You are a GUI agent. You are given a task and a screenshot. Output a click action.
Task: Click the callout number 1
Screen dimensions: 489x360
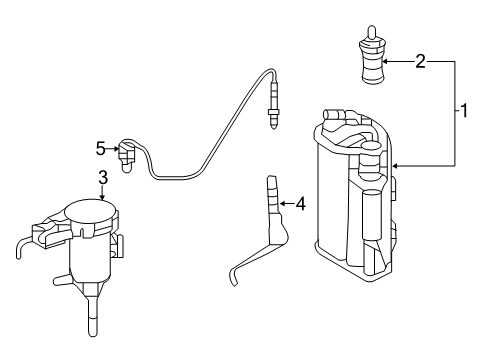point(464,111)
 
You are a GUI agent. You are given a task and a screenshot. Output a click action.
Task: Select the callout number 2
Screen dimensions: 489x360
point(420,62)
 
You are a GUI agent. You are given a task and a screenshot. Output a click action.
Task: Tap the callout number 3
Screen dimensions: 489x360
point(103,177)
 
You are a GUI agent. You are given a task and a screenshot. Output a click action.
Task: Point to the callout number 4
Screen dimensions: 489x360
point(300,203)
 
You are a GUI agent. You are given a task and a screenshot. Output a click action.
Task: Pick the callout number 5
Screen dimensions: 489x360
point(100,149)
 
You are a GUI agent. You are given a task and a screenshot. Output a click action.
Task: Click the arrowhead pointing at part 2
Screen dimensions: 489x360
point(386,62)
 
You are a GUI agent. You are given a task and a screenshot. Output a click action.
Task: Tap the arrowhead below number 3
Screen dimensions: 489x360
point(103,197)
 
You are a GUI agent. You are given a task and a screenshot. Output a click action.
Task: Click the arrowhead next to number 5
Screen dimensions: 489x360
point(116,149)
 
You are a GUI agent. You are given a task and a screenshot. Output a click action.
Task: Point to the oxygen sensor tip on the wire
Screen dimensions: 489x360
point(273,107)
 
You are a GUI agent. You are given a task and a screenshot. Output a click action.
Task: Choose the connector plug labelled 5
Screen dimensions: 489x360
point(127,155)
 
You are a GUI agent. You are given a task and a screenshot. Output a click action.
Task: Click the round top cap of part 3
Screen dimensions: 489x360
point(91,213)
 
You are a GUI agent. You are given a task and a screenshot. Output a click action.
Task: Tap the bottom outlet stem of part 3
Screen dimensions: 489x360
point(93,315)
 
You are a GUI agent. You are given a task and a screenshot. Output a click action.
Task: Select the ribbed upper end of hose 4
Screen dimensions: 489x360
point(273,193)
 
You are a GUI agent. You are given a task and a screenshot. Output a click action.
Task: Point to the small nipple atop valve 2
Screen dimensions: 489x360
point(371,32)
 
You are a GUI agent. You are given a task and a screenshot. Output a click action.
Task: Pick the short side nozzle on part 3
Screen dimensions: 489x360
point(62,280)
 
